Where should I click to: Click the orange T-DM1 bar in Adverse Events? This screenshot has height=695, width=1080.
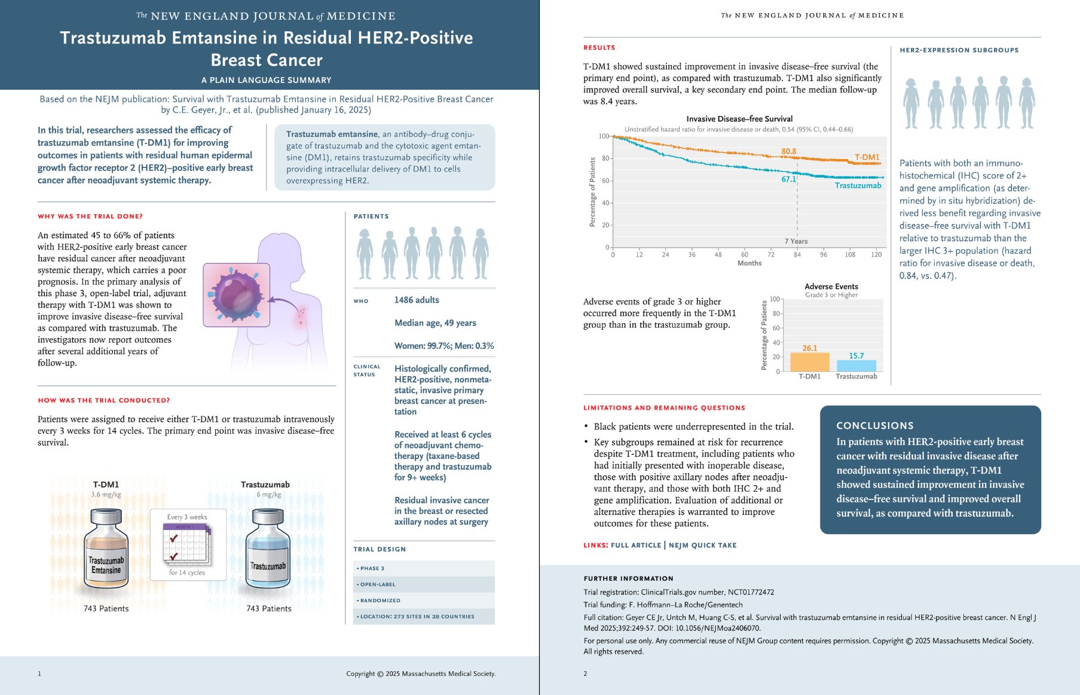coord(809,362)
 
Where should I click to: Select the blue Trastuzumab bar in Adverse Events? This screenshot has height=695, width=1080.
coord(856,366)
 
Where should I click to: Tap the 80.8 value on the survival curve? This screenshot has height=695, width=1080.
coord(788,151)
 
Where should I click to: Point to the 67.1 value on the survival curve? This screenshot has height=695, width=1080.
coord(788,179)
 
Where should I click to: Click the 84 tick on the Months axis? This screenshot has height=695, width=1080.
coord(797,255)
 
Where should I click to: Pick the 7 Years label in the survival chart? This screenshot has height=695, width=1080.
coord(796,242)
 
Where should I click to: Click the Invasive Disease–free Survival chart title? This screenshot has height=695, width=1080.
coord(739,118)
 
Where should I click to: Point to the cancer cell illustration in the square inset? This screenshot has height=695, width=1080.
coord(236,295)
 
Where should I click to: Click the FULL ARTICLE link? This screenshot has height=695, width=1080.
coord(636,545)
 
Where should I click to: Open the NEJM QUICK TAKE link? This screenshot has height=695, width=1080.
coord(702,545)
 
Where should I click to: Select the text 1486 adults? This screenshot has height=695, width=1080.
coord(417,300)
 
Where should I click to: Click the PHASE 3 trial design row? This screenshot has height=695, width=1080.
coord(424,568)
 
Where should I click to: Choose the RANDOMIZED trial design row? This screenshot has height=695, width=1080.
coord(424,600)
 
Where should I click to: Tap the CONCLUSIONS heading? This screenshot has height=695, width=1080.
coord(875,426)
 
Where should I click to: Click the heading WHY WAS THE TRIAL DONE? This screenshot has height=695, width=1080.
coord(90,217)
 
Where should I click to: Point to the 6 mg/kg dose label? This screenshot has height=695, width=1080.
coord(268,495)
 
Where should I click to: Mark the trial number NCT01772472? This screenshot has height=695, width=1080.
coord(751,592)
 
